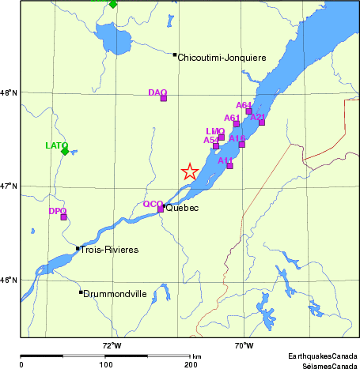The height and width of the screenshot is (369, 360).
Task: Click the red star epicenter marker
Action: pyautogui.click(x=190, y=171)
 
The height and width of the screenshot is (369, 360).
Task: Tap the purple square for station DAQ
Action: pyautogui.click(x=164, y=98)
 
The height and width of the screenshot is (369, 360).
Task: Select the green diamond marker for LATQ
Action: pyautogui.click(x=65, y=151)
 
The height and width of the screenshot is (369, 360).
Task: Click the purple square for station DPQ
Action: pyautogui.click(x=64, y=217)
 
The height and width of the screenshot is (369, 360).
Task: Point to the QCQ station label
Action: pyautogui.click(x=153, y=204)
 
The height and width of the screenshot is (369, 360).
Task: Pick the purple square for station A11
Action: pyautogui.click(x=229, y=165)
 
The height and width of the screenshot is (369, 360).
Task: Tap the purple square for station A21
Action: pyautogui.click(x=262, y=122)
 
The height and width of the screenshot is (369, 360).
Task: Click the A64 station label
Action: pyautogui.click(x=244, y=105)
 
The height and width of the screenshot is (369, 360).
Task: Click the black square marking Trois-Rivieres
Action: pyautogui.click(x=78, y=248)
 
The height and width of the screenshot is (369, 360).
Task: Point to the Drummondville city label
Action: pyautogui.click(x=116, y=294)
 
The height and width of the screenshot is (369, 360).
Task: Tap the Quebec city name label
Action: pyautogui.click(x=182, y=208)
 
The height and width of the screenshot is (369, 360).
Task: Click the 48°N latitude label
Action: pyautogui.click(x=9, y=93)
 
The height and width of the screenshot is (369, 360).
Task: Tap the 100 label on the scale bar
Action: pyautogui.click(x=105, y=364)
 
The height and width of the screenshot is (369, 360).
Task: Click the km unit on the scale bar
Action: pyautogui.click(x=196, y=357)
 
